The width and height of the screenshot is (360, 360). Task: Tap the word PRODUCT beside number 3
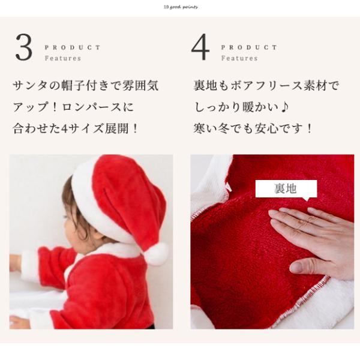[73, 47]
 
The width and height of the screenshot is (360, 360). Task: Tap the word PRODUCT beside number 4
[249, 47]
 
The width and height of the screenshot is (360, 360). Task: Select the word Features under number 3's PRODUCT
[62, 59]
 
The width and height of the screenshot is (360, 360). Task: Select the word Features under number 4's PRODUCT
[239, 59]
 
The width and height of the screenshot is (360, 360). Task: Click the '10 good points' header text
[180, 7]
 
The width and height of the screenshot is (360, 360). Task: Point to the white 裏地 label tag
[286, 188]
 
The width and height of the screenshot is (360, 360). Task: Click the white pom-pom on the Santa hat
[156, 253]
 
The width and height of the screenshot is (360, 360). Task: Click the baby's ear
[82, 224]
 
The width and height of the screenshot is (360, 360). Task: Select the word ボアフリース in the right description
[259, 86]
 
